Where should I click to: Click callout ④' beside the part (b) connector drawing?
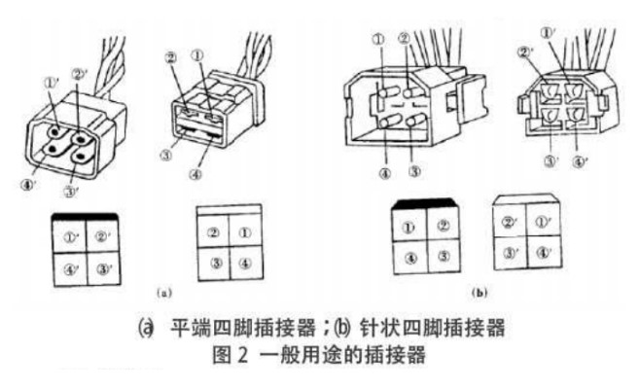pyautogui.click(x=582, y=162)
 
